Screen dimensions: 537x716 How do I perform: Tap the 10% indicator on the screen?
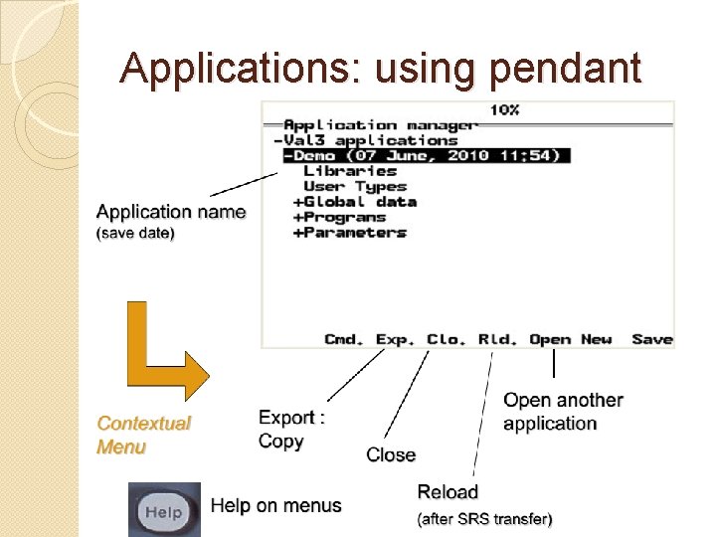pos(503,109)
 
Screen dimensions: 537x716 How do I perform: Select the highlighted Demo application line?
pos(426,155)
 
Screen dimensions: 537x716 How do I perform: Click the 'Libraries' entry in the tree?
pos(350,171)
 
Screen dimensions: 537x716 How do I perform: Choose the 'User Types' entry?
pos(355,186)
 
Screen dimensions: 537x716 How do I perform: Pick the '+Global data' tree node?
pos(354,202)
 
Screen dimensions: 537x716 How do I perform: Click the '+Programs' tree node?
pos(339,217)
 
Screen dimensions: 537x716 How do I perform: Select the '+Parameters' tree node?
pos(349,233)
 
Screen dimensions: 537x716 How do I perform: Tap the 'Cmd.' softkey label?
pos(344,339)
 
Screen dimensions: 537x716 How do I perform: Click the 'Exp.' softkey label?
pos(396,339)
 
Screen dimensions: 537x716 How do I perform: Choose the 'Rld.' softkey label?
pos(497,339)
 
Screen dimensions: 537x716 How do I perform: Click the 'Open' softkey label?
pos(550,339)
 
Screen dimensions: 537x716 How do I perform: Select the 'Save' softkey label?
pos(652,339)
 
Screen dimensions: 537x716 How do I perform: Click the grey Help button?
pos(164,511)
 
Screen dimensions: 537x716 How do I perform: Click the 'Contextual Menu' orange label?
pos(143,435)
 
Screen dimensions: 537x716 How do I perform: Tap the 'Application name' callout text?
pos(170,212)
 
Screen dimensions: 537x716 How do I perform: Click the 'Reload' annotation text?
pos(447,491)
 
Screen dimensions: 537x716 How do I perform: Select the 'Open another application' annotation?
pos(563,412)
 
